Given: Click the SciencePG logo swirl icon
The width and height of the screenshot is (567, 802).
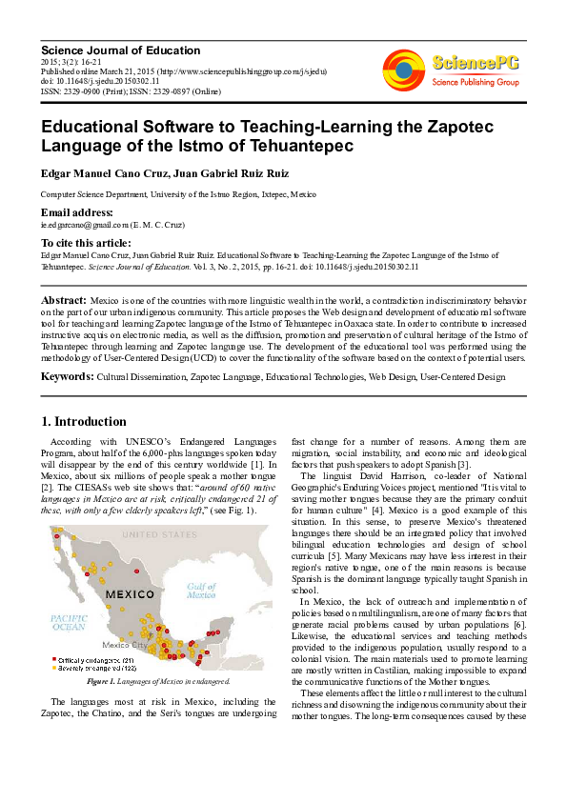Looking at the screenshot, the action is coord(404,69).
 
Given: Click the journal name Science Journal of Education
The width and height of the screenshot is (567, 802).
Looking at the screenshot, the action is coord(120,50).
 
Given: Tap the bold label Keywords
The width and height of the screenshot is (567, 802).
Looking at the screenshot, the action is coord(67,377).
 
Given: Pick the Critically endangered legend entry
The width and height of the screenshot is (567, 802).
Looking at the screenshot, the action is coord(96,659).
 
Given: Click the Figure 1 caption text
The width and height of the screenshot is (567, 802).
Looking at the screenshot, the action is coord(156,682).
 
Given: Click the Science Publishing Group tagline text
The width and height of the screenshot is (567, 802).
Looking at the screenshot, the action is coord(475,83).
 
